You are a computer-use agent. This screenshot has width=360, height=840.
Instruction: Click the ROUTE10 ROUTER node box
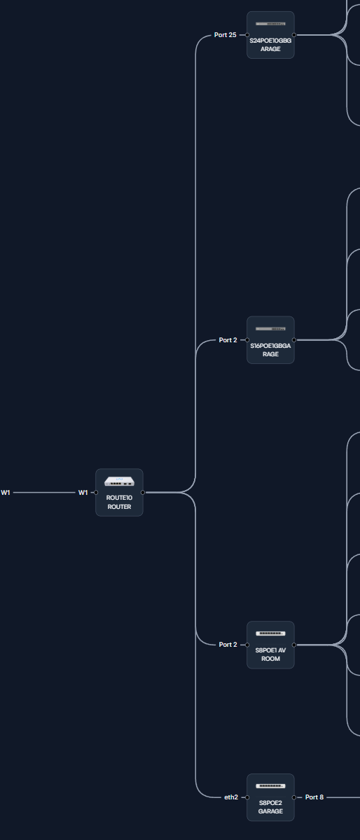pyautogui.click(x=119, y=492)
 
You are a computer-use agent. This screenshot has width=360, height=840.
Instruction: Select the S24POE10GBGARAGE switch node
pyautogui.click(x=270, y=35)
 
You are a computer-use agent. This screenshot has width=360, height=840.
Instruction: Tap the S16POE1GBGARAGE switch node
pyautogui.click(x=270, y=340)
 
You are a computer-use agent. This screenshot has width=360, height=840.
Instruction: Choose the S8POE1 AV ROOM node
pyautogui.click(x=270, y=645)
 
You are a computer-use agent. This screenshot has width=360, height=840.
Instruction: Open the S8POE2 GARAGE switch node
pyautogui.click(x=270, y=797)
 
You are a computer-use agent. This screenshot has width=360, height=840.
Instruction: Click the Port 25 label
pyautogui.click(x=226, y=35)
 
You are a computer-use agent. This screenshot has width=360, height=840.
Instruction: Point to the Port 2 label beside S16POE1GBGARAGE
pyautogui.click(x=228, y=340)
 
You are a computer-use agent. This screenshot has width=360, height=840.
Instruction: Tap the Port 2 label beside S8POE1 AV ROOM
pyautogui.click(x=228, y=645)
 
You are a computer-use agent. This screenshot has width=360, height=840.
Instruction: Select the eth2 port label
pyautogui.click(x=231, y=797)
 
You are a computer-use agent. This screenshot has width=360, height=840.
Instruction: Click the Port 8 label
pyautogui.click(x=314, y=797)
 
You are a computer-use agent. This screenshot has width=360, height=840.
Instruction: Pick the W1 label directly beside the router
pyautogui.click(x=83, y=492)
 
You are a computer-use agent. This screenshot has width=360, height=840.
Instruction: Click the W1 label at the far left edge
pyautogui.click(x=6, y=492)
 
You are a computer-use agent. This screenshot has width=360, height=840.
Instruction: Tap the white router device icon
pyautogui.click(x=119, y=481)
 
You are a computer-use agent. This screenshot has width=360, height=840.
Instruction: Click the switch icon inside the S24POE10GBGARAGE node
pyautogui.click(x=270, y=24)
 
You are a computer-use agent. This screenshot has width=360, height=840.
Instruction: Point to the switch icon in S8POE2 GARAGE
pyautogui.click(x=270, y=785)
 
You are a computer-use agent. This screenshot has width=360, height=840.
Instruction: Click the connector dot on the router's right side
pyautogui.click(x=143, y=492)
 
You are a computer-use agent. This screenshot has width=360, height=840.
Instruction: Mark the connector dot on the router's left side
pyautogui.click(x=96, y=492)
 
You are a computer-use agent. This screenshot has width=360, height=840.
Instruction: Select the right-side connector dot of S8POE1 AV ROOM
pyautogui.click(x=294, y=645)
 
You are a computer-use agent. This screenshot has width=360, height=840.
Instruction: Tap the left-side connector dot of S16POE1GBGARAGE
pyautogui.click(x=247, y=340)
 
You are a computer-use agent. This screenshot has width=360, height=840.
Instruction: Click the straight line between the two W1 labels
pyautogui.click(x=44, y=492)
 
